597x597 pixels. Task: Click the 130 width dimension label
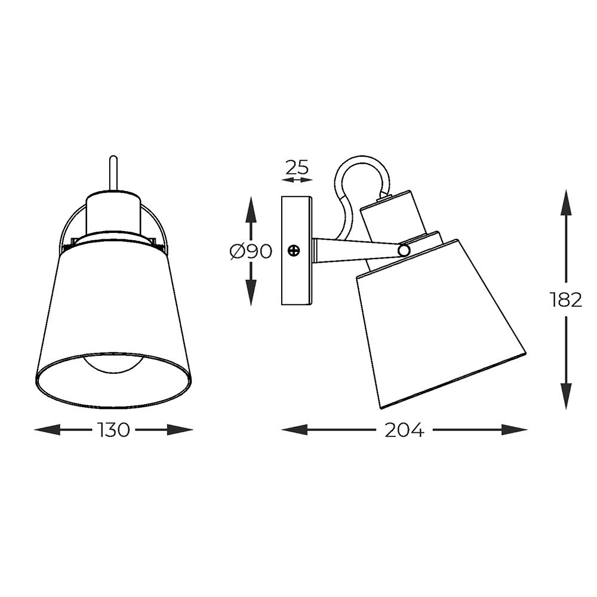[x=114, y=430]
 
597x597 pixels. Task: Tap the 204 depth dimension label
[x=404, y=430]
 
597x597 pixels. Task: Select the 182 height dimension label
[x=566, y=300]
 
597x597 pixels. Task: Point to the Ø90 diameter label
[x=251, y=251]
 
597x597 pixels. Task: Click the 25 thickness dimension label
[x=297, y=167]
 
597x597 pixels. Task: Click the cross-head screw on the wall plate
[x=294, y=251]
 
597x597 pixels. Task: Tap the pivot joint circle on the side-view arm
[x=404, y=250]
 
